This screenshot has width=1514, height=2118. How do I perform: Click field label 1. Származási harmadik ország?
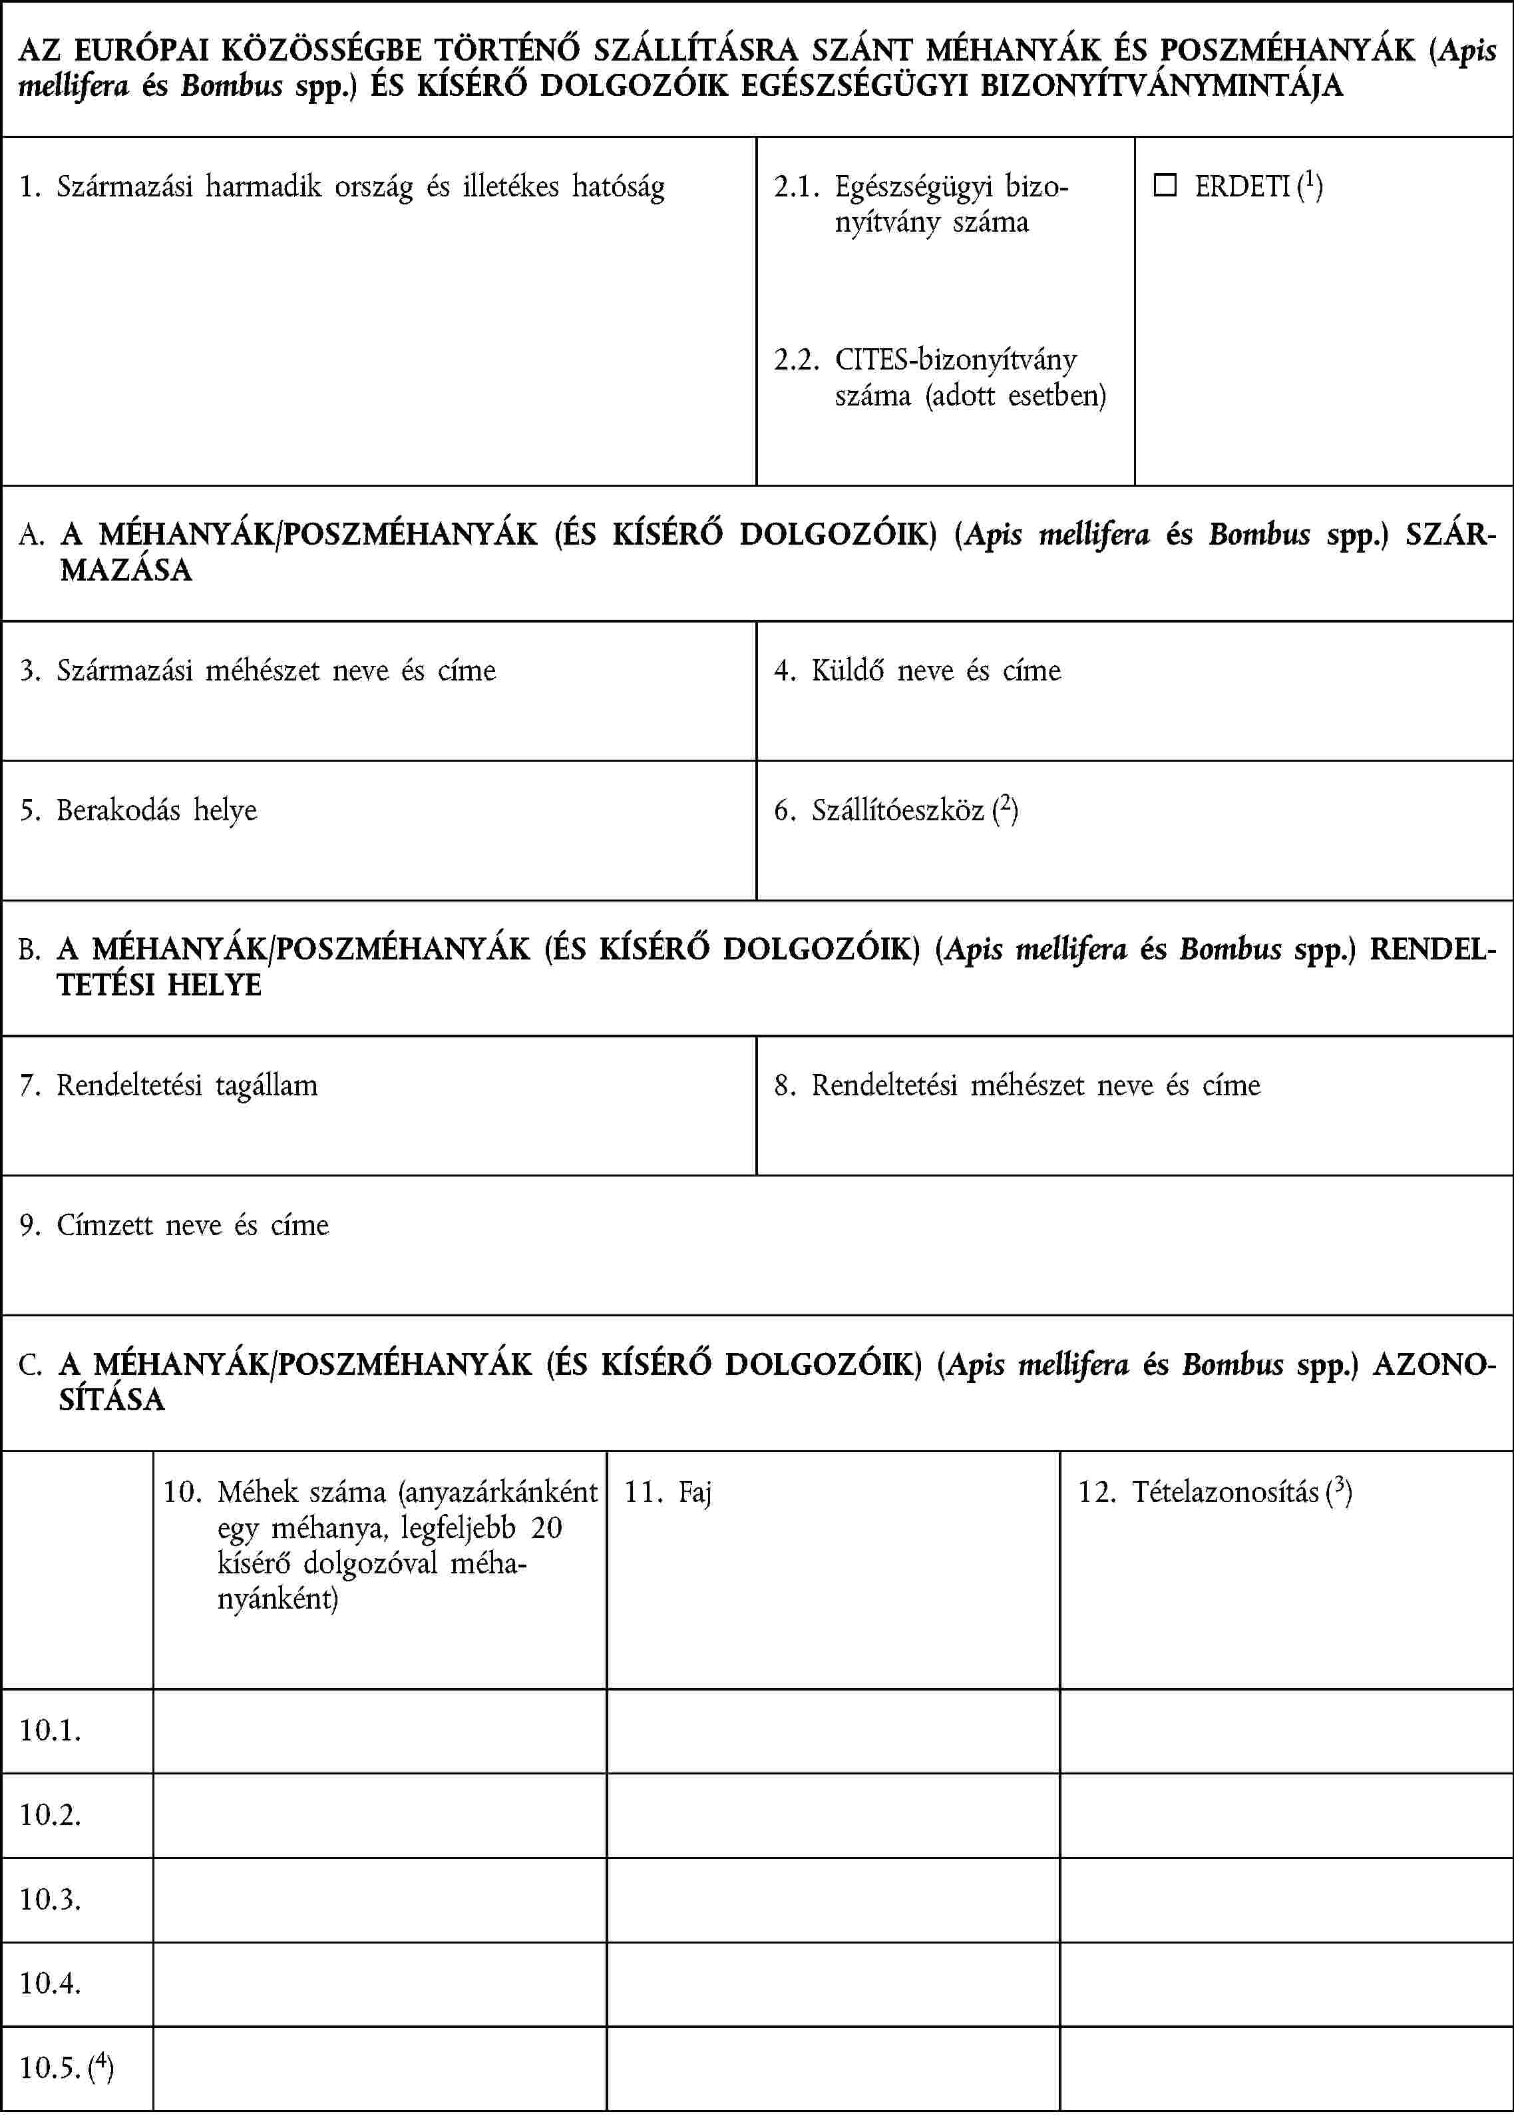coord(342,186)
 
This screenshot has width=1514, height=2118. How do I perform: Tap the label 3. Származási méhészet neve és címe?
coord(258,670)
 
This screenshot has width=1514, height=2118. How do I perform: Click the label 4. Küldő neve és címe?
coord(917,670)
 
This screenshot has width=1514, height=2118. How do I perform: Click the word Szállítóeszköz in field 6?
coord(897,810)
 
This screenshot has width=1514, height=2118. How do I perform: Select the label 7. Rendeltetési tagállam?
coord(169,1085)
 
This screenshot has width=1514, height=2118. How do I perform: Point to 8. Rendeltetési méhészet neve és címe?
coord(1017,1085)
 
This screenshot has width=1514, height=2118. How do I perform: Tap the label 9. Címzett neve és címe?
coord(174,1224)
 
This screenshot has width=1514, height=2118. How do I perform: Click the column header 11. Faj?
coord(667,1492)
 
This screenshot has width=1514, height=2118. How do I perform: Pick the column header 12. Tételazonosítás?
coord(1214,1492)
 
